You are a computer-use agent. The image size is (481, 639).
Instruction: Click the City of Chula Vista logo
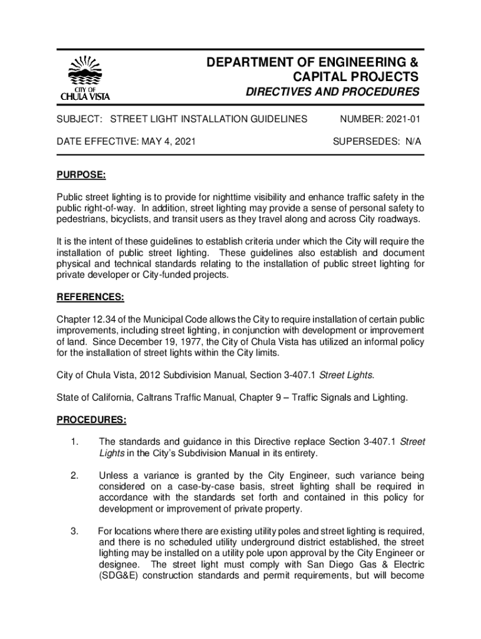[x=84, y=79]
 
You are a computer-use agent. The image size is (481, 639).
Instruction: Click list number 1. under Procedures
[x=74, y=442]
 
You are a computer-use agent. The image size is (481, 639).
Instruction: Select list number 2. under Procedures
[x=74, y=477]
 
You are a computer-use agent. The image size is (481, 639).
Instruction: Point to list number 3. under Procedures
[x=74, y=532]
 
